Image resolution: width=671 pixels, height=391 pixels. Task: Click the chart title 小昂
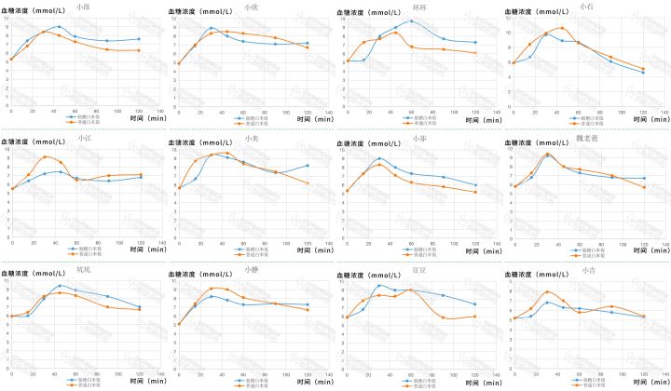[86, 7]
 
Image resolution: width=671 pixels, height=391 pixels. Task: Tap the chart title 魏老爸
[588, 140]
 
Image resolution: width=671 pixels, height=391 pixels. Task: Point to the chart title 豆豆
[418, 272]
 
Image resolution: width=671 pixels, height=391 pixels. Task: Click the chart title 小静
[252, 270]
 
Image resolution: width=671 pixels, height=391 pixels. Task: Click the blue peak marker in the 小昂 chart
[59, 27]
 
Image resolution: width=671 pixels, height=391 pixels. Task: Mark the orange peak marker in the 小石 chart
[562, 28]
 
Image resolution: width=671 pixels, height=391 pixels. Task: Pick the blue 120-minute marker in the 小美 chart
[307, 166]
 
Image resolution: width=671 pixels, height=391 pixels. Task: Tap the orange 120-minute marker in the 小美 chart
[307, 182]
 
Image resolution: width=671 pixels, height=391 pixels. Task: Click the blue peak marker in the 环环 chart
[411, 20]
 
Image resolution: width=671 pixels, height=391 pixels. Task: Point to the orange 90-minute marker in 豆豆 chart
[444, 317]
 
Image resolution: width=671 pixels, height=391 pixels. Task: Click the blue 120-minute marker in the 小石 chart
[643, 73]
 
